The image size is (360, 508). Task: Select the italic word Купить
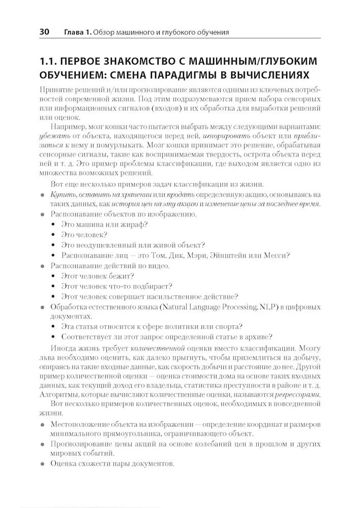[x=64, y=195]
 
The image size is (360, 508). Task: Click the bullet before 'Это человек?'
[x=54, y=235]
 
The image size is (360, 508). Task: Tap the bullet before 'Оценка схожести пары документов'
[x=42, y=464]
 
